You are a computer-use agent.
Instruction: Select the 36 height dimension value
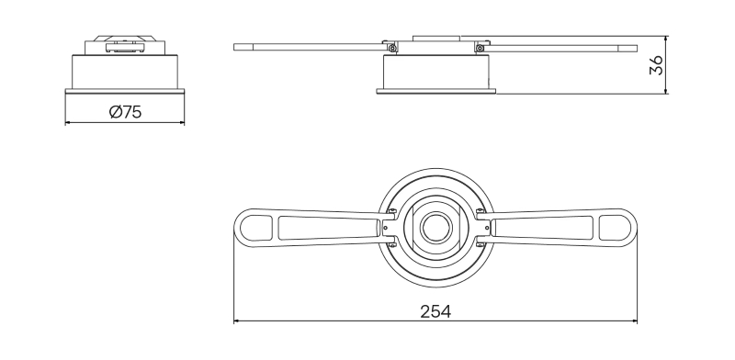(x=656, y=64)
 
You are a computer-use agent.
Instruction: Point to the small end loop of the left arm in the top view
(x=251, y=226)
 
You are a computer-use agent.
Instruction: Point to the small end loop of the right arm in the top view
(x=619, y=226)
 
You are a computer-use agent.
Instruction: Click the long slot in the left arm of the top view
(x=327, y=226)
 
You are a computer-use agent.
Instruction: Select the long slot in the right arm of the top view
(x=543, y=226)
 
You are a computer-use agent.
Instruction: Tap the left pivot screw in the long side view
(x=392, y=48)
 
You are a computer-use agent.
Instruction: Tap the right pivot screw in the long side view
(x=479, y=48)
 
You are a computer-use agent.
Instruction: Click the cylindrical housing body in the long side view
(x=435, y=71)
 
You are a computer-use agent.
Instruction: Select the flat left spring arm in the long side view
(x=308, y=46)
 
